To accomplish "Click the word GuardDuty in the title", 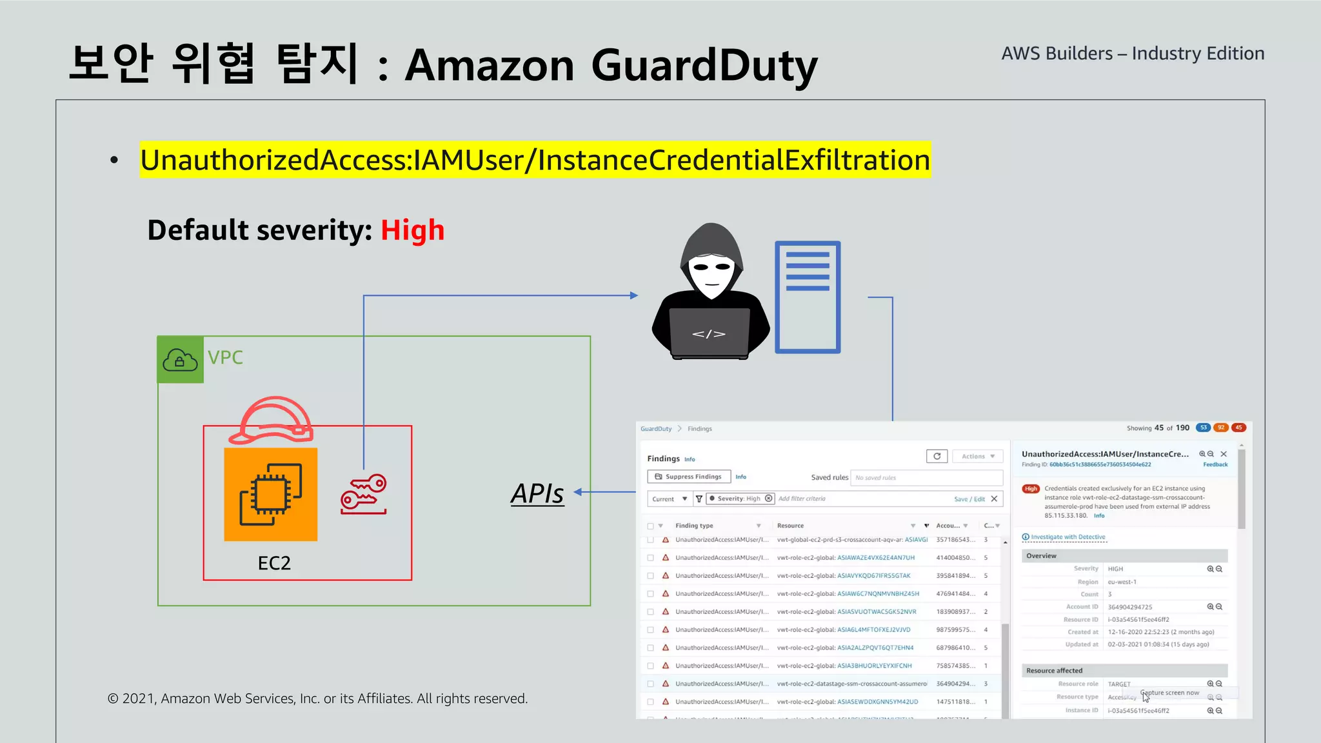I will (704, 66).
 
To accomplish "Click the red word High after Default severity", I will (412, 230).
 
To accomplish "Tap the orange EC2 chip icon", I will (270, 494).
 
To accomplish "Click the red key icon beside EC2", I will (364, 494).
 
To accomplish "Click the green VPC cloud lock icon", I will (180, 360).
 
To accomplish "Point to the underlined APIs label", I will (537, 493).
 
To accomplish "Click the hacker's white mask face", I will (711, 273).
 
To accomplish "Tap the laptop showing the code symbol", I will (709, 333).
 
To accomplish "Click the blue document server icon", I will (808, 297).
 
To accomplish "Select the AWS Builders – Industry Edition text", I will (1133, 54).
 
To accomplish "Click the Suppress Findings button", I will (688, 477).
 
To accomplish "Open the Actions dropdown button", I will (978, 456).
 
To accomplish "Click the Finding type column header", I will (694, 526).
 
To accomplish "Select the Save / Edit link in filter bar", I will (969, 499).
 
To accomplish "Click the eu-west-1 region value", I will (1122, 582).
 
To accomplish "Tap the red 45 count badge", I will (1238, 428).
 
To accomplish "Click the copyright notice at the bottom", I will (317, 698).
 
